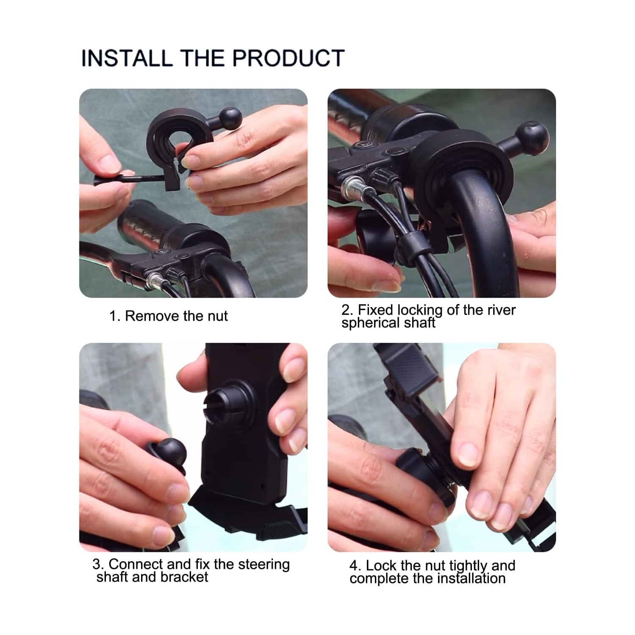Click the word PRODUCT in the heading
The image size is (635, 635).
point(288,58)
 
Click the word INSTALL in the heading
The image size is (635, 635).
point(127,58)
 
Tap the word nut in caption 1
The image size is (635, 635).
point(217,316)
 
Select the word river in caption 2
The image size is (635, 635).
point(501,310)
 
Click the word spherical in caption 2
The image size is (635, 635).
point(370,323)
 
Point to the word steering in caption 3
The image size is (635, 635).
point(264,564)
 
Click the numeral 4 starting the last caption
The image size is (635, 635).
point(354,566)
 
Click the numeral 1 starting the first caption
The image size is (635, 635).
point(113,316)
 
